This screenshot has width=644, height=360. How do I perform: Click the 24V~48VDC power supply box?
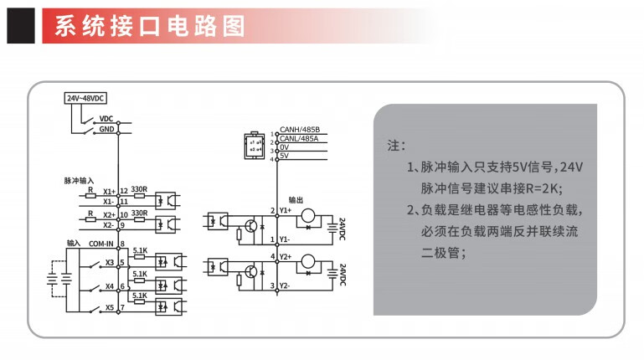click(x=86, y=98)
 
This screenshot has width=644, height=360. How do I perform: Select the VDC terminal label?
click(x=106, y=119)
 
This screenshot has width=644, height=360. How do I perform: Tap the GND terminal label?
click(x=106, y=129)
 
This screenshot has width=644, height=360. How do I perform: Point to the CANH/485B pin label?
click(x=300, y=130)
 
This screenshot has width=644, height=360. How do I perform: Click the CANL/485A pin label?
click(x=299, y=139)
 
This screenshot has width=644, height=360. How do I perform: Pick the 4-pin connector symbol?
click(x=255, y=146)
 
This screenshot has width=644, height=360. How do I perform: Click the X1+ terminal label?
click(x=109, y=191)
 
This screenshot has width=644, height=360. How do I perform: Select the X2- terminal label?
click(x=108, y=225)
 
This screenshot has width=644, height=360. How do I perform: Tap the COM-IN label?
click(x=101, y=244)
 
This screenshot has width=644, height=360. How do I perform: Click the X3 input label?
click(x=110, y=262)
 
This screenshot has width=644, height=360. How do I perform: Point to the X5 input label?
click(x=110, y=307)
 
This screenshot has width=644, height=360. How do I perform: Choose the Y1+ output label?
click(x=286, y=210)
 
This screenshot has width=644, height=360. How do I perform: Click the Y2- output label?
click(x=285, y=285)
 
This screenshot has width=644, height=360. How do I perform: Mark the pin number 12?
click(x=124, y=191)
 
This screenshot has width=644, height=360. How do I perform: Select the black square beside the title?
click(x=21, y=26)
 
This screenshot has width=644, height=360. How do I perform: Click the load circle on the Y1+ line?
click(x=308, y=215)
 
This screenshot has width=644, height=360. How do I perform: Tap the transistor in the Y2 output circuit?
click(x=251, y=271)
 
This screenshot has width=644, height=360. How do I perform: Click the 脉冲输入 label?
click(x=79, y=181)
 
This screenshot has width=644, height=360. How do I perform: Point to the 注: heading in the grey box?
click(x=396, y=146)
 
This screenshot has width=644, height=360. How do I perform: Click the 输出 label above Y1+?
click(x=296, y=200)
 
